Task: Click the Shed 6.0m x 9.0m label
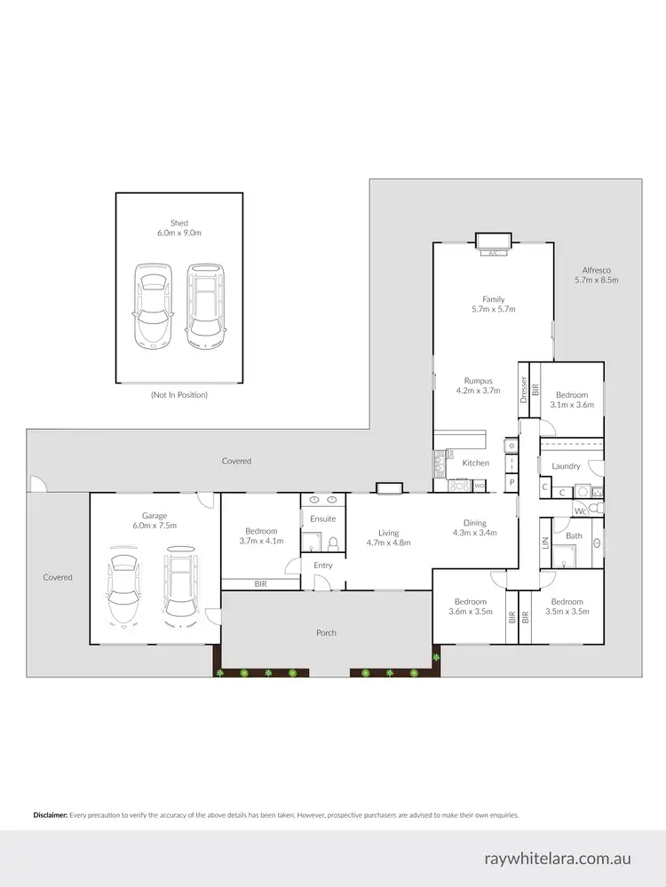pyautogui.click(x=179, y=228)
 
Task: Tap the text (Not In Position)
pyautogui.click(x=178, y=394)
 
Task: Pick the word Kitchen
pyautogui.click(x=475, y=463)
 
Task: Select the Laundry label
pyautogui.click(x=566, y=466)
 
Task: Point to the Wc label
pyautogui.click(x=578, y=511)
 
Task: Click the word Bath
pyautogui.click(x=574, y=535)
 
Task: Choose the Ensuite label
pyautogui.click(x=322, y=519)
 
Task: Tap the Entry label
pyautogui.click(x=322, y=566)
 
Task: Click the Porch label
pyautogui.click(x=326, y=633)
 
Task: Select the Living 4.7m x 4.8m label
pyautogui.click(x=388, y=538)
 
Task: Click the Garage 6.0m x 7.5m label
pyautogui.click(x=155, y=520)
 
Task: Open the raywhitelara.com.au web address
pyautogui.click(x=558, y=859)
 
